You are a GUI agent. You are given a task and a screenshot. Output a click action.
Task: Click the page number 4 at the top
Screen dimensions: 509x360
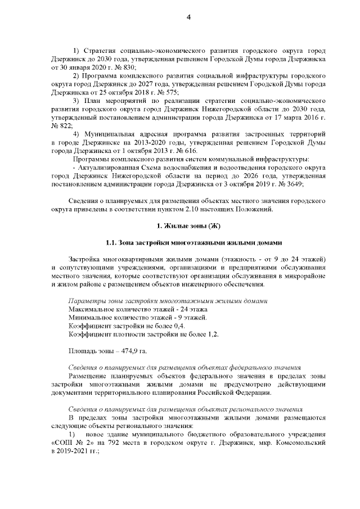pos(188,17)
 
